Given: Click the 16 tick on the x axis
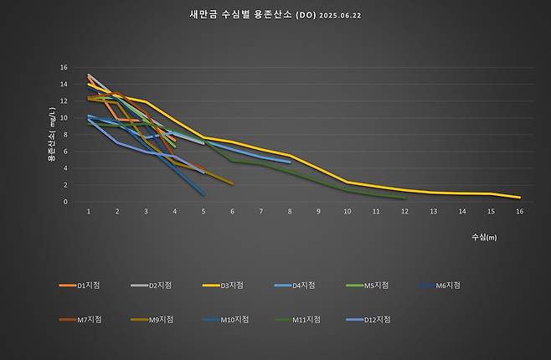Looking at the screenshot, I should (520, 212).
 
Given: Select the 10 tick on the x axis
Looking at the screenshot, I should (347, 212).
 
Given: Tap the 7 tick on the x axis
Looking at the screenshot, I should (260, 212).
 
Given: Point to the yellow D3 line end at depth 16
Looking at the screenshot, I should (520, 198).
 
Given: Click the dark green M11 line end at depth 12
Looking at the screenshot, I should (404, 198).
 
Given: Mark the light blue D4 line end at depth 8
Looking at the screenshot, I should (290, 162).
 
